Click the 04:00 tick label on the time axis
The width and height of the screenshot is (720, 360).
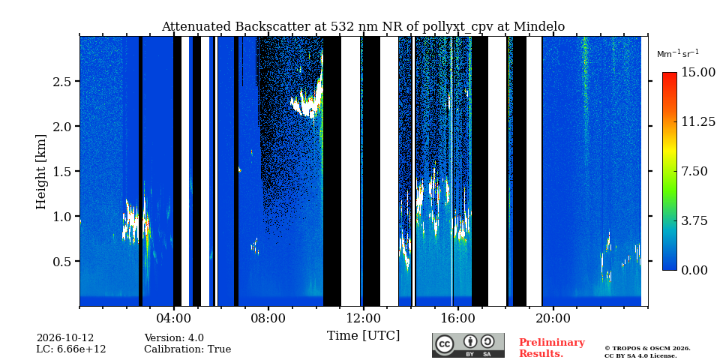(173, 318)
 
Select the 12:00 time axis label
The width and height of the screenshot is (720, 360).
(363, 318)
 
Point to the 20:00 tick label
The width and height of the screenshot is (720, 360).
(553, 318)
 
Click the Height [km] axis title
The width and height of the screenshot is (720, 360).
(41, 172)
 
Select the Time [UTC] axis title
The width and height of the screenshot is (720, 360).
(363, 335)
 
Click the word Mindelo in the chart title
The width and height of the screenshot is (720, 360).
(539, 27)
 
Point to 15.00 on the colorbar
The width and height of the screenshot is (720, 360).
(698, 73)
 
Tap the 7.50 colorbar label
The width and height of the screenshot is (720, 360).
(695, 171)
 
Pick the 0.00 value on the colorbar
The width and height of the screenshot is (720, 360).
(695, 270)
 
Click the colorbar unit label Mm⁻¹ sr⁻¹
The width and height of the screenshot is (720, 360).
(678, 54)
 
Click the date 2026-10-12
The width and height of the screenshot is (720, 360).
(65, 338)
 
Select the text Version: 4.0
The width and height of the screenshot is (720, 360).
(174, 338)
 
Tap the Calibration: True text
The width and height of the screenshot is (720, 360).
(187, 349)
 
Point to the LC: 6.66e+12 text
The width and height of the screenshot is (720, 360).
(71, 349)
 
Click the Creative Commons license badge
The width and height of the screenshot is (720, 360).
(468, 345)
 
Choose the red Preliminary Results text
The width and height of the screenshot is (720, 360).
(552, 348)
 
